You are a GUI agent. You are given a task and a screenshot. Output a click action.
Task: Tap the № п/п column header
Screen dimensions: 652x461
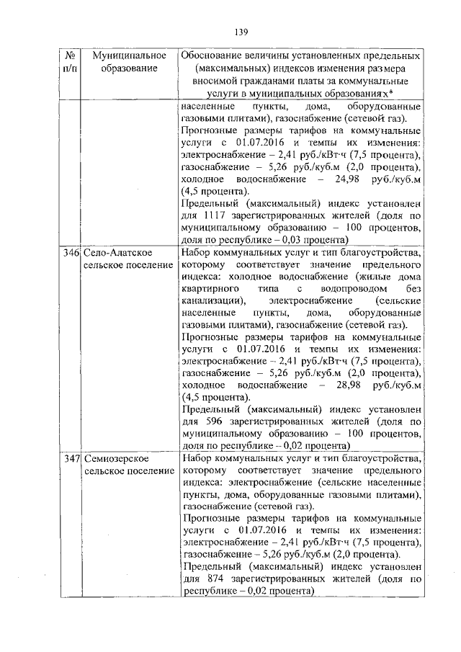(x=71, y=62)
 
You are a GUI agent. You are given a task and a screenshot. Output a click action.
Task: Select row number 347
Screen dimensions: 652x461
(x=70, y=458)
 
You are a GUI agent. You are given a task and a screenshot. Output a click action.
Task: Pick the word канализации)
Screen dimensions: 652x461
(x=213, y=300)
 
